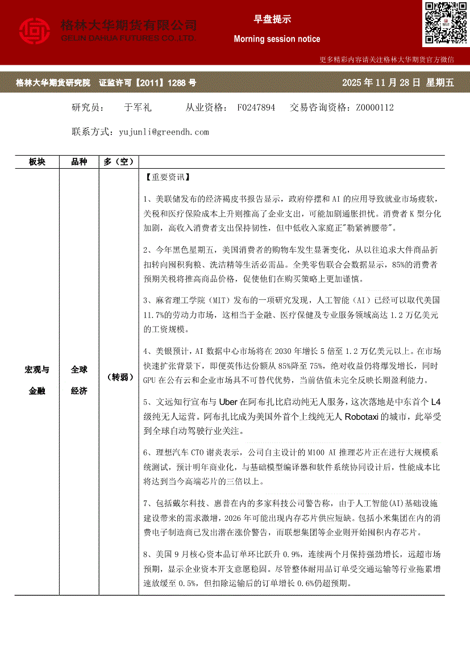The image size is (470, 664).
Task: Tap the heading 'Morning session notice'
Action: click(277, 39)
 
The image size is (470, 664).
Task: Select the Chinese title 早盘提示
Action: click(272, 19)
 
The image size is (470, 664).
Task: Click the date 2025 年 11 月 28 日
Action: click(381, 83)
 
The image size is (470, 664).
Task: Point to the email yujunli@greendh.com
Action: click(164, 132)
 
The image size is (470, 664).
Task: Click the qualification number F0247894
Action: click(256, 107)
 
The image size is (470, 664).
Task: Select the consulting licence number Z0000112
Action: click(375, 107)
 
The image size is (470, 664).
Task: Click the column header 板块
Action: click(37, 162)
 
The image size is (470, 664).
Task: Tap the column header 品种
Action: click(79, 162)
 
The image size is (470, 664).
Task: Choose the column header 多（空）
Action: click(118, 162)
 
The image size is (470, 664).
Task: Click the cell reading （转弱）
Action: click(118, 377)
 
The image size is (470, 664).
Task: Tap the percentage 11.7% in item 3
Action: click(154, 315)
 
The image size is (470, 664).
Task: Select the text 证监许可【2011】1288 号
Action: click(148, 83)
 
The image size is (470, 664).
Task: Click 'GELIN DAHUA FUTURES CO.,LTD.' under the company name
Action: click(128, 38)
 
